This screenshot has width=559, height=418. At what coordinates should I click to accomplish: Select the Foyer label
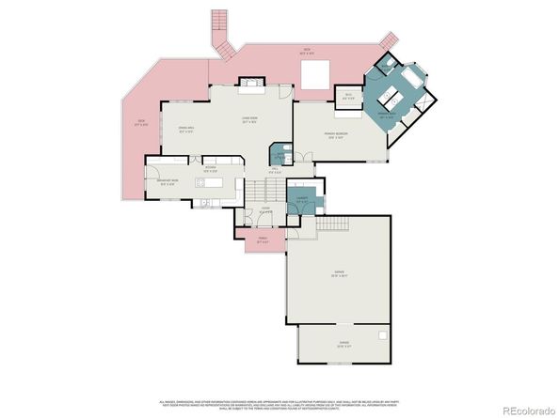[267, 211]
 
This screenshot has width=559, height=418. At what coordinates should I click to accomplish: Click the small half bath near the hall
[279, 155]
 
